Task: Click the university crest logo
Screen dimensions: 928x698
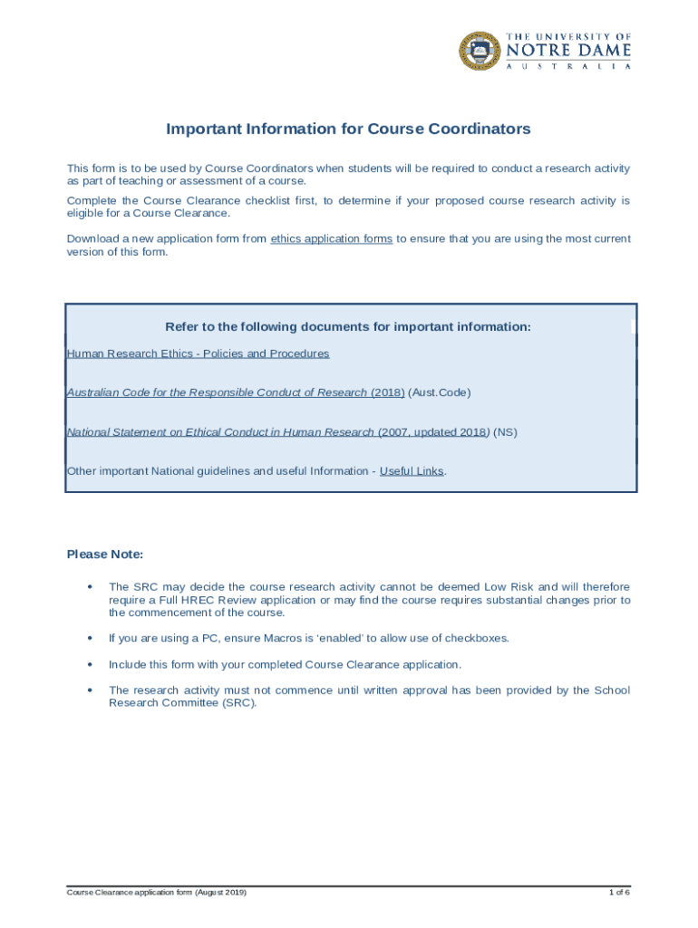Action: click(480, 51)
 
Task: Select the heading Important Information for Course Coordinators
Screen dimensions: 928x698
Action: click(348, 129)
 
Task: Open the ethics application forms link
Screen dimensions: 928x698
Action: click(331, 239)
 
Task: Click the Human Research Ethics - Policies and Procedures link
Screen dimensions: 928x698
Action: click(198, 353)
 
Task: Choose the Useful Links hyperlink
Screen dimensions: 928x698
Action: click(412, 471)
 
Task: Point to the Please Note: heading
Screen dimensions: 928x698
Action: click(105, 554)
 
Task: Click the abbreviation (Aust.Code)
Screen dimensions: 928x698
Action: click(440, 392)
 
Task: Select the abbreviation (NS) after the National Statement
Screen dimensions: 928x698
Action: click(505, 432)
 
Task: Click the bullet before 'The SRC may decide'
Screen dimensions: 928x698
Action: click(89, 587)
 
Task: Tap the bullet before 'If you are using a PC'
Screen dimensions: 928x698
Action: click(89, 638)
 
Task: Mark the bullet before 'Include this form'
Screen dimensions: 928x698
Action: click(89, 664)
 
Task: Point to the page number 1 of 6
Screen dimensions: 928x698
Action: click(619, 893)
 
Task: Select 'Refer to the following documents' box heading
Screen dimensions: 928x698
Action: click(348, 326)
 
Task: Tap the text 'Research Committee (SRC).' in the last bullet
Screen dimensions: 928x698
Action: click(182, 702)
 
